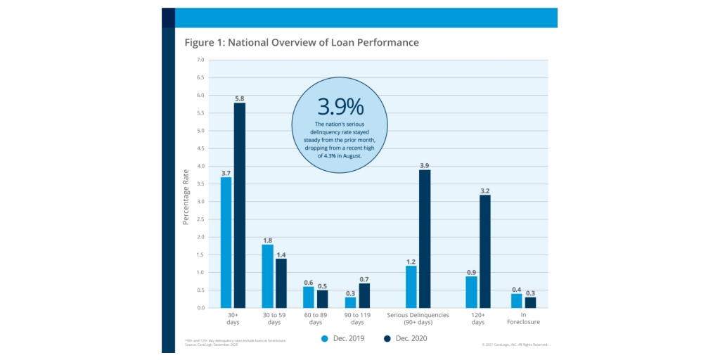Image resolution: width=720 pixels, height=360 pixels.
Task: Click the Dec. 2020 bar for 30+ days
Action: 240,205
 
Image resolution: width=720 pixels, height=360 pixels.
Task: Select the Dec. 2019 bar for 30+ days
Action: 226,243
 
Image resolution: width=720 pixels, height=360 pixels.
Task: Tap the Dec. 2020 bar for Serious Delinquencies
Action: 425,239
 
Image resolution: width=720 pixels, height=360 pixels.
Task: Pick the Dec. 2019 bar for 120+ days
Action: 471,292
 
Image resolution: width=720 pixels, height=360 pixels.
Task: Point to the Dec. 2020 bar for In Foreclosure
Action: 530,302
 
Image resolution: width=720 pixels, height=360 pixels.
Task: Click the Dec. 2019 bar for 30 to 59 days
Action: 267,276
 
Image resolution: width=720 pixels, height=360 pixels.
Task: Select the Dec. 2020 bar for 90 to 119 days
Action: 364,295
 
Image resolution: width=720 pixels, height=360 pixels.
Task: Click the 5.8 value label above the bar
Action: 240,98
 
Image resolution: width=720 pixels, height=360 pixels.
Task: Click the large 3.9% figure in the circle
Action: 340,107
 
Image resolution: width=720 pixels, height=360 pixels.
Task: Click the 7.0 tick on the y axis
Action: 200,60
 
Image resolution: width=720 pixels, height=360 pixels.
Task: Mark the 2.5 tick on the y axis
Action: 200,219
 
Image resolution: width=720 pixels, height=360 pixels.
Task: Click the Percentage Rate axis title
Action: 186,197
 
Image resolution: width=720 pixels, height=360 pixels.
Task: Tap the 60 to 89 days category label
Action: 316,319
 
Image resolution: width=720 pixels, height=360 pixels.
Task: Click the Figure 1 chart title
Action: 302,43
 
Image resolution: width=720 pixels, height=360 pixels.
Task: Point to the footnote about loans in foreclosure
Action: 236,341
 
